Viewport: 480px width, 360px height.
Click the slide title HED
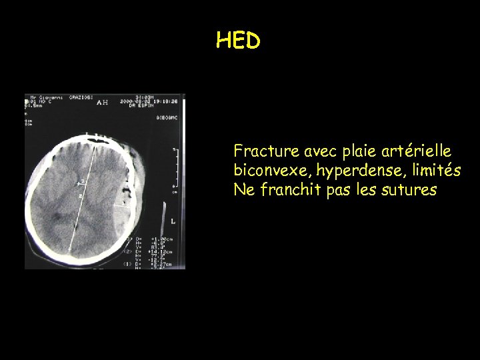(x=238, y=41)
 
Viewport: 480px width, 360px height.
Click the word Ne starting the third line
(x=242, y=190)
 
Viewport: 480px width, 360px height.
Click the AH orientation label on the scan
(x=102, y=103)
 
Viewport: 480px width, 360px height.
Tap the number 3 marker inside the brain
(x=83, y=181)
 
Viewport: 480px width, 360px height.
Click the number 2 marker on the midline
(x=80, y=196)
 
